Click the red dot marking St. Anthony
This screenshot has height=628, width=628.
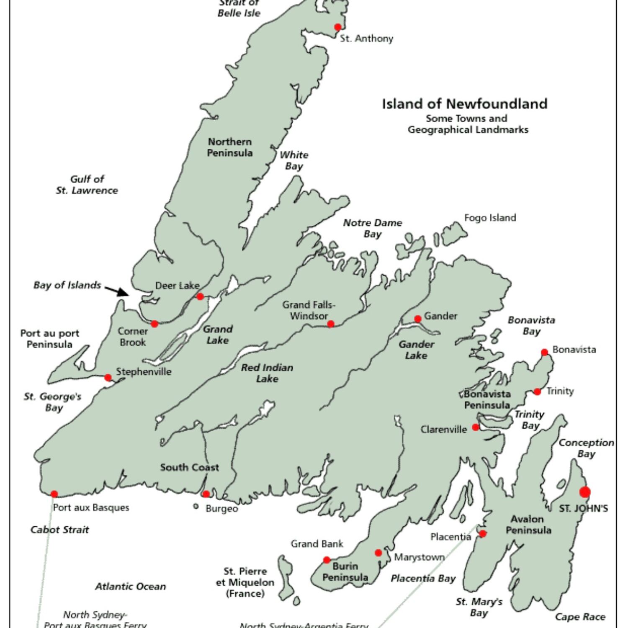(x=337, y=27)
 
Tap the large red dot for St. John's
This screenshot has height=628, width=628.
(x=585, y=492)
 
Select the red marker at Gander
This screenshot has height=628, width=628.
(x=417, y=319)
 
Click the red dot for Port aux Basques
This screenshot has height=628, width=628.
(x=54, y=494)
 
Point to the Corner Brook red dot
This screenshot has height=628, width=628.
(x=154, y=324)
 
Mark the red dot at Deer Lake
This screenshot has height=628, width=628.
(x=200, y=297)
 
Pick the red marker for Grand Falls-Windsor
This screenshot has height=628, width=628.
(x=331, y=324)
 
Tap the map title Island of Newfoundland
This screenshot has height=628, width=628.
(x=464, y=104)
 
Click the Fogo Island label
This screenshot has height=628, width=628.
(x=490, y=218)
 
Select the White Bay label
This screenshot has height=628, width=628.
(x=294, y=160)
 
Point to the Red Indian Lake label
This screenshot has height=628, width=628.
(x=267, y=373)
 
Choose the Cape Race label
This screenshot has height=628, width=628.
(x=580, y=617)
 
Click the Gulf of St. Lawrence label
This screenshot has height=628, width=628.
(x=87, y=185)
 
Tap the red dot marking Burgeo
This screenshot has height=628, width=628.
(x=206, y=494)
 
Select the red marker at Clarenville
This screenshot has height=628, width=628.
(x=476, y=427)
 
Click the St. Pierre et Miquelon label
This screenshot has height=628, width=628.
(x=245, y=582)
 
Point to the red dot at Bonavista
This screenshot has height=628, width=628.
(x=544, y=353)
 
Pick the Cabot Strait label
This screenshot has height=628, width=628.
(x=60, y=530)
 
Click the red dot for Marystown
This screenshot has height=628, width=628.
(x=378, y=553)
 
